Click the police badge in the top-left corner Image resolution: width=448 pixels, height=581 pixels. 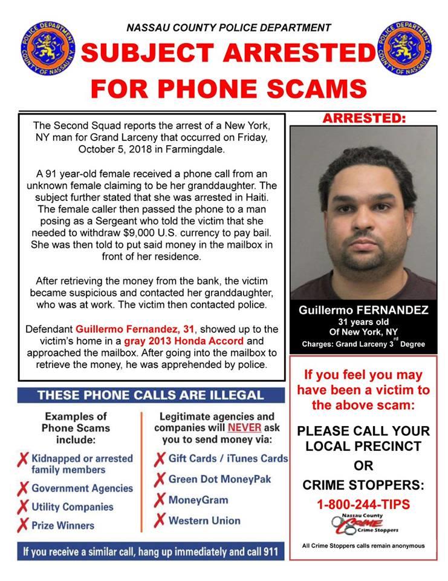coord(41,47)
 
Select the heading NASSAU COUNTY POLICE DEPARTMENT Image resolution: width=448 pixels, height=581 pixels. coord(229,27)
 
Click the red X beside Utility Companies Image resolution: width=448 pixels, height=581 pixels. coord(23,507)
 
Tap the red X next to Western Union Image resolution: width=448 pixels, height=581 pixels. coord(160,520)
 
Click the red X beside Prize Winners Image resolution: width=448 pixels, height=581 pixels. coord(23,525)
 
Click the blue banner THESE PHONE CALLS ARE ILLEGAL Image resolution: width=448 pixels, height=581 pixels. coord(151,395)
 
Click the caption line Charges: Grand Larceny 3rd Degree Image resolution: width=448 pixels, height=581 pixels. coord(363,344)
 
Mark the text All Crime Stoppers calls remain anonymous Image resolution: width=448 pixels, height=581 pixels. coord(363,545)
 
